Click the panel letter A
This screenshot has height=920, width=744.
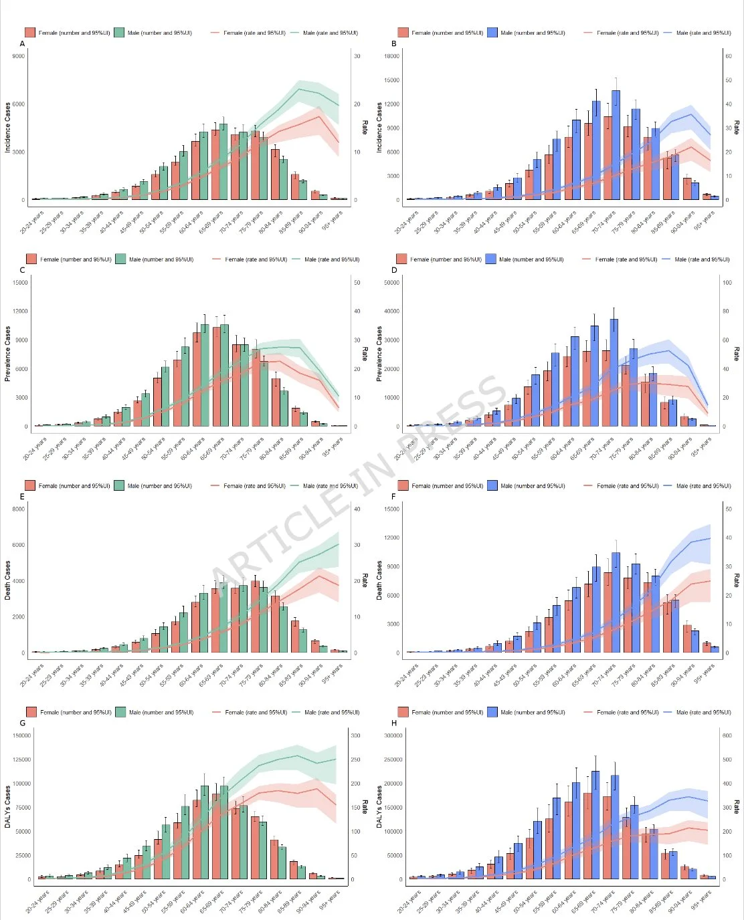(x=23, y=44)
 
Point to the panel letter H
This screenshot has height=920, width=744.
(x=394, y=723)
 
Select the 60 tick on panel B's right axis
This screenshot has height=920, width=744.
(x=729, y=56)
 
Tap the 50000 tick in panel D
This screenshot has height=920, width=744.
(x=389, y=283)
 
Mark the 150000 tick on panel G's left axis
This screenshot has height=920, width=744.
(x=21, y=735)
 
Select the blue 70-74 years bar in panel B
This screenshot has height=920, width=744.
(x=616, y=145)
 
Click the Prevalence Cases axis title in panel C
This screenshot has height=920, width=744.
(x=8, y=354)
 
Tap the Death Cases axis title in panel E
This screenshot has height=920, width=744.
(x=8, y=580)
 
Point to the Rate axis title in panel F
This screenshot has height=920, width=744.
(x=737, y=580)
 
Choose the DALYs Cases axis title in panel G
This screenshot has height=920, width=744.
(x=8, y=807)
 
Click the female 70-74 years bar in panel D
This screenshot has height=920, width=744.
(x=606, y=388)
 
